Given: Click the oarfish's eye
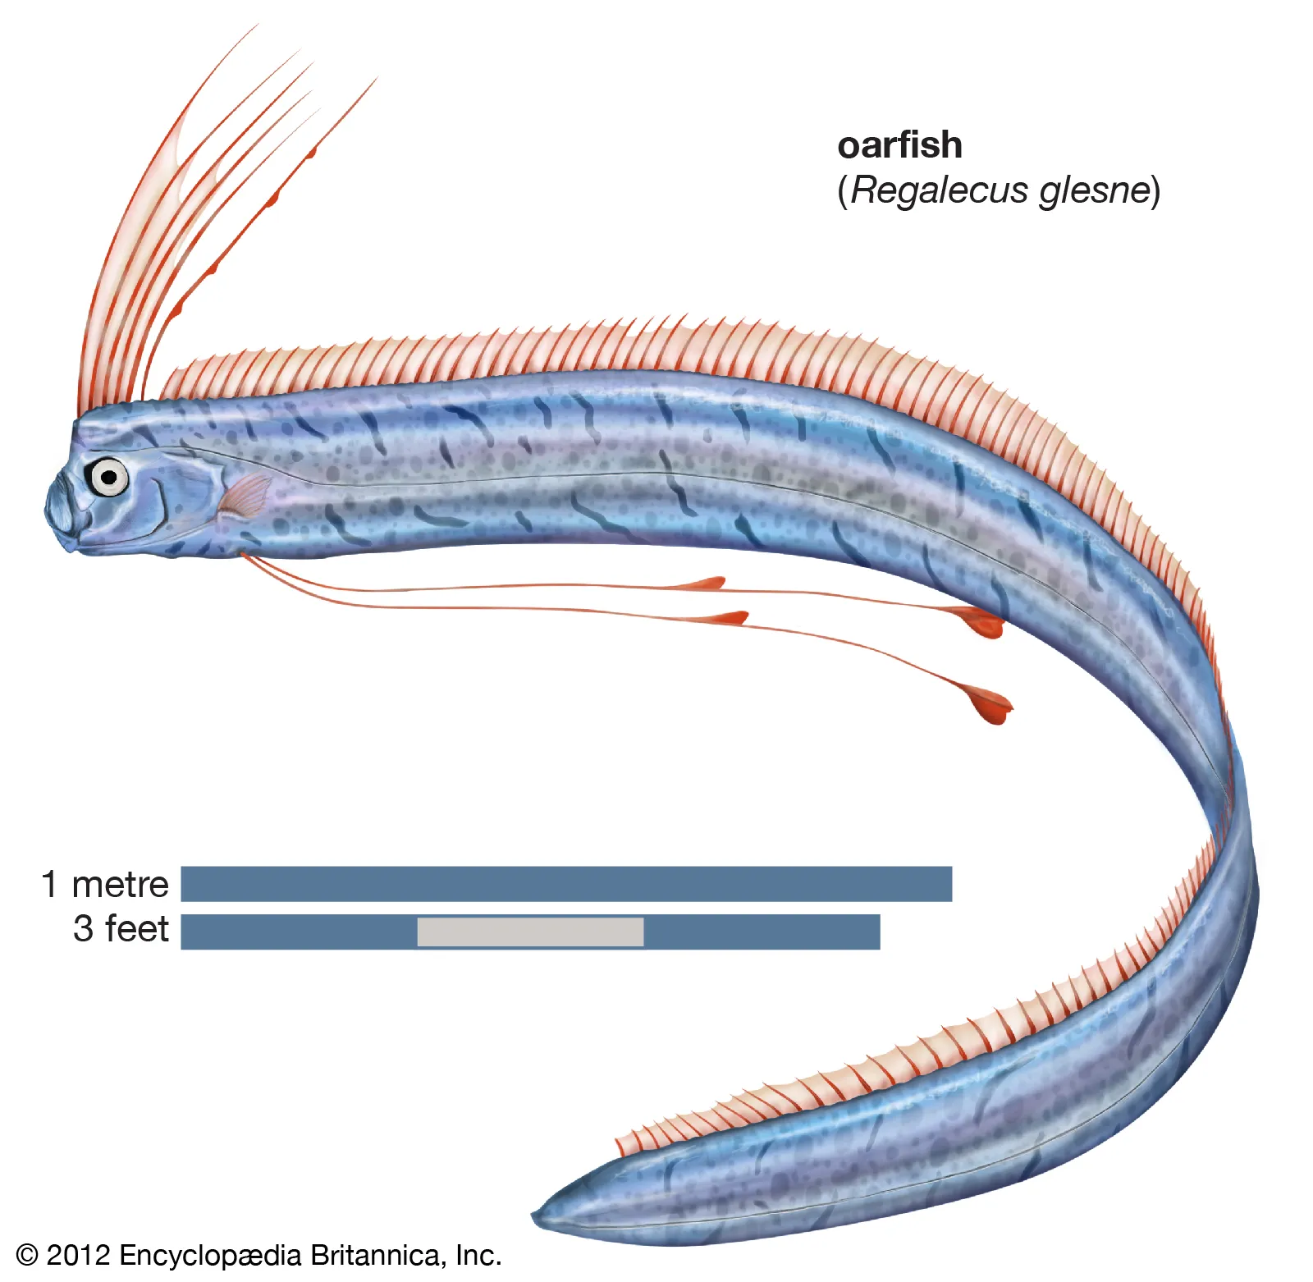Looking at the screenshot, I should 108,477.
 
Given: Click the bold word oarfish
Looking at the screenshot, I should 899,145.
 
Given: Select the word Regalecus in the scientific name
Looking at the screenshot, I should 939,190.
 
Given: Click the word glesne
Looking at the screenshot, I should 1095,190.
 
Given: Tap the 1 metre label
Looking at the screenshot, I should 105,884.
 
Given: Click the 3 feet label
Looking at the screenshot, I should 121,929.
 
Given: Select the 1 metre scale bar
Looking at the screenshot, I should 566,884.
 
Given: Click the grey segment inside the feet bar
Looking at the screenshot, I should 530,932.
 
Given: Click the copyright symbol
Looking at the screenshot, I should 27,1256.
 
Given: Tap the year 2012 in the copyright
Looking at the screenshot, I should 78,1256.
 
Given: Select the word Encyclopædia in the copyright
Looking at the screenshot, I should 210,1256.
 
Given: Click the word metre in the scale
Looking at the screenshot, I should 120,884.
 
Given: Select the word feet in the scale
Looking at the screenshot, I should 137,929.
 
